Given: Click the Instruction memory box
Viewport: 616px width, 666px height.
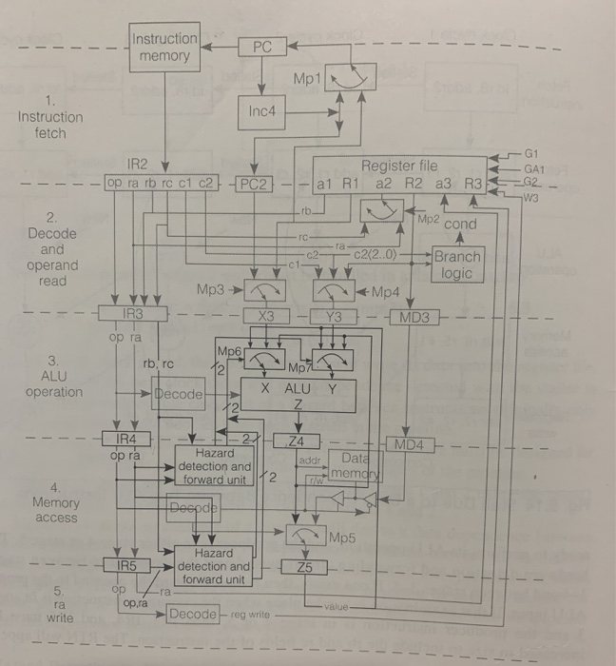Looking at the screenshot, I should click(164, 48).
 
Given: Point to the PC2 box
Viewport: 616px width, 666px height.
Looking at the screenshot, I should click(253, 182).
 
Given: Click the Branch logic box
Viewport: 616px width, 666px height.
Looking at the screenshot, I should click(456, 264).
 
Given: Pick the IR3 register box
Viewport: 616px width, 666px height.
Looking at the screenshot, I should click(134, 312).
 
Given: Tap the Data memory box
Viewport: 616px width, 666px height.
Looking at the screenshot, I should click(354, 466).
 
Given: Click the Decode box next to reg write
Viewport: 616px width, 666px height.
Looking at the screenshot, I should click(193, 614).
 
